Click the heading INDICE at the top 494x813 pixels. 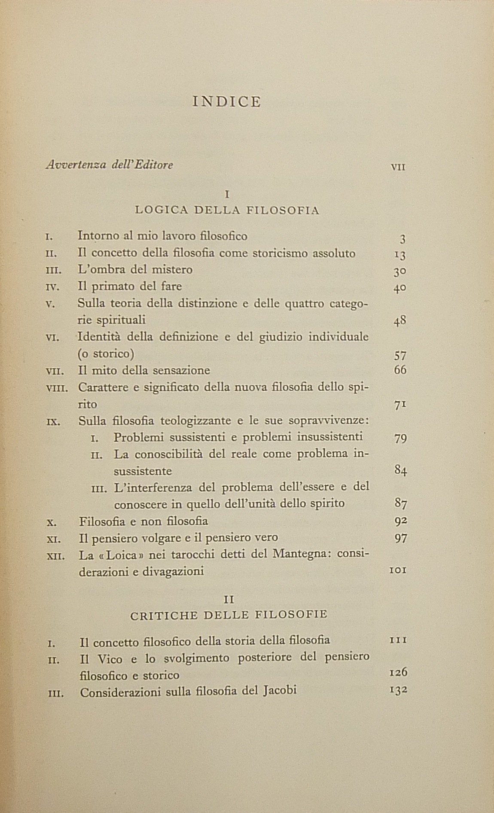click(x=227, y=102)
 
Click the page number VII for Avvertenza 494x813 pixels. click(x=398, y=167)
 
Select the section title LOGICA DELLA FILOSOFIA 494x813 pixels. click(x=227, y=210)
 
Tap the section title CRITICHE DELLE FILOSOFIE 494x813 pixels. click(x=229, y=615)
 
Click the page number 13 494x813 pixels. click(x=400, y=255)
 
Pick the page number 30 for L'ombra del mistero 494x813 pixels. click(x=400, y=271)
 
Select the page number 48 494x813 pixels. click(x=400, y=321)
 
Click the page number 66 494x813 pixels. click(x=400, y=370)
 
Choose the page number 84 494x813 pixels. click(x=400, y=470)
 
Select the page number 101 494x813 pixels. click(x=398, y=571)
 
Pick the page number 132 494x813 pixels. click(x=398, y=690)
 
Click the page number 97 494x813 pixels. click(x=400, y=538)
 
